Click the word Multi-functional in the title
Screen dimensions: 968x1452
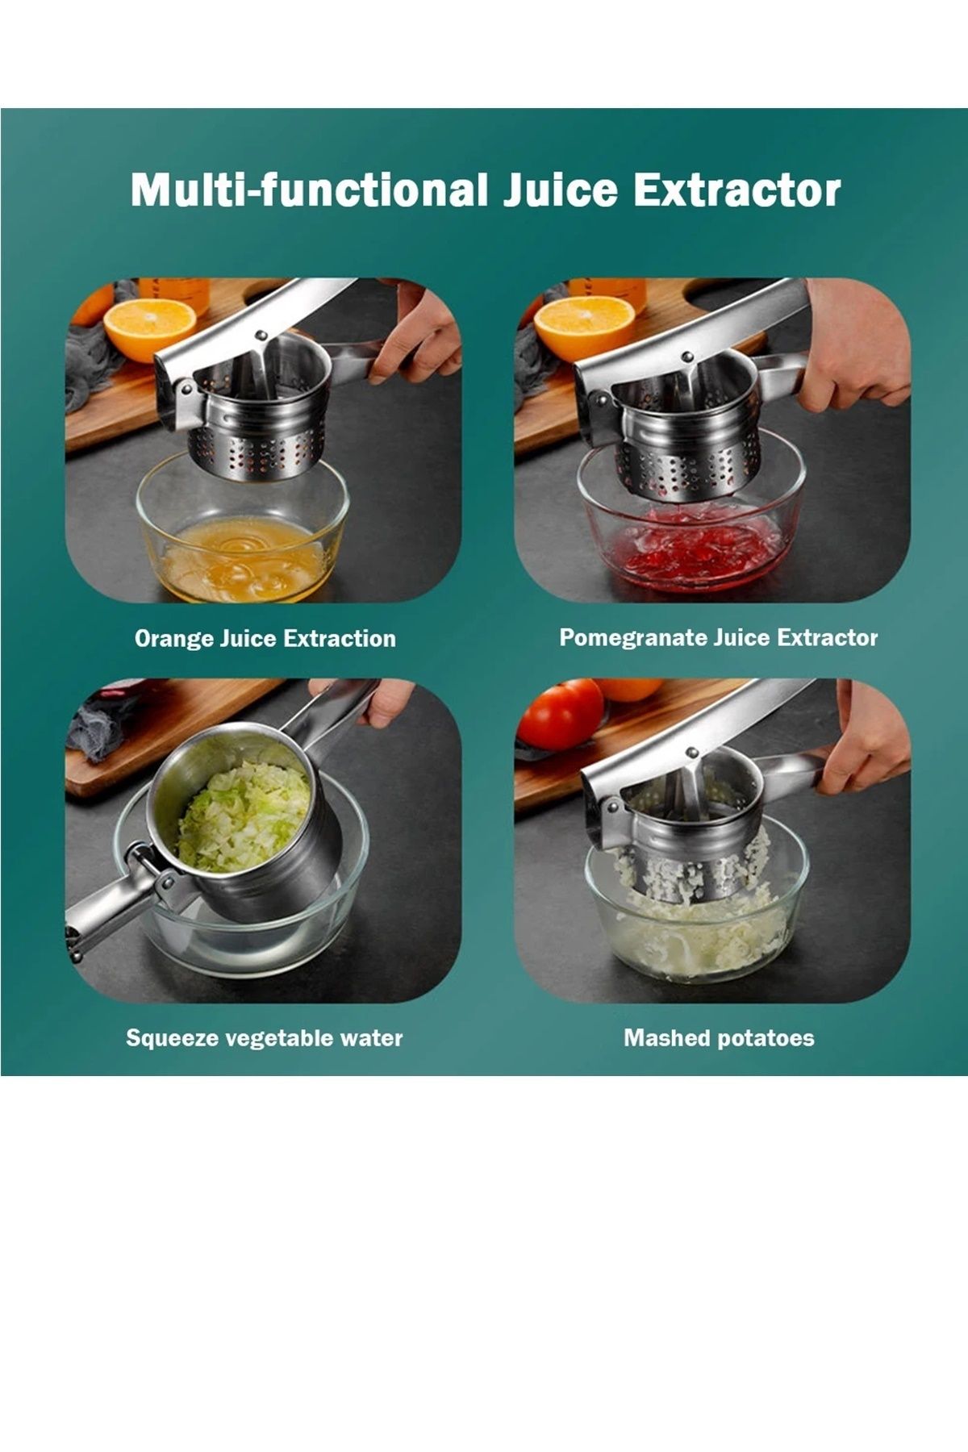(x=310, y=190)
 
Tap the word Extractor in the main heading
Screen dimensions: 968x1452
(x=736, y=190)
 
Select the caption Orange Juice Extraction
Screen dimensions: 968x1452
(x=265, y=639)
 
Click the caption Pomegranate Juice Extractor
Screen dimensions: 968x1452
(x=718, y=639)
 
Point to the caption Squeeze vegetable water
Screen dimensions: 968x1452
(x=265, y=1038)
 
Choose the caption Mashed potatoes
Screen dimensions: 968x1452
(x=719, y=1038)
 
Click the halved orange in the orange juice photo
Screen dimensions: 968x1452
(x=150, y=329)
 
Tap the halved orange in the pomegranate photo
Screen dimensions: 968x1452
(x=584, y=327)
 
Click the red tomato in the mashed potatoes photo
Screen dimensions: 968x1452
(x=560, y=715)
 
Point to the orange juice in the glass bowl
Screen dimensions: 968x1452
(x=242, y=561)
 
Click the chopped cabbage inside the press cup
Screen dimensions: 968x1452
(x=244, y=816)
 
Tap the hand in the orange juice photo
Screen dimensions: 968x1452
(x=415, y=331)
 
